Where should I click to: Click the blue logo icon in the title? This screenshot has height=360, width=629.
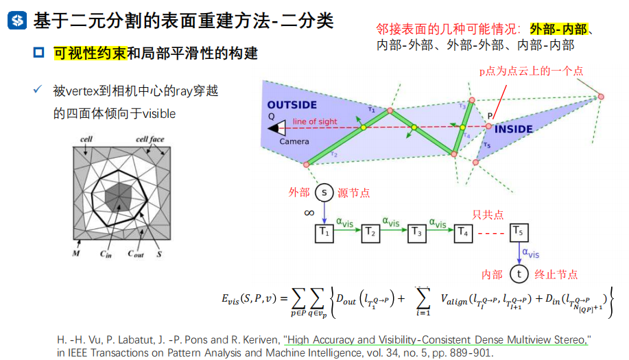[x=16, y=21]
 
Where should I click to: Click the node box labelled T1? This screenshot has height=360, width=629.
[x=324, y=232]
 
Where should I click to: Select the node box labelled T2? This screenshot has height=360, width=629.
[x=371, y=232]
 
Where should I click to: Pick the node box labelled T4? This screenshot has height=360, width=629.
[x=463, y=232]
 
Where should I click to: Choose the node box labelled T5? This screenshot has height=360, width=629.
[x=519, y=232]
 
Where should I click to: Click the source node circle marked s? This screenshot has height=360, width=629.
[x=324, y=193]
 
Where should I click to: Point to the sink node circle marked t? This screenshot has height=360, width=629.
[x=519, y=274]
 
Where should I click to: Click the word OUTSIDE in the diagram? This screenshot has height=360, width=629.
[x=292, y=105]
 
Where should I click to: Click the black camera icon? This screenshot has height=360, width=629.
[x=278, y=128]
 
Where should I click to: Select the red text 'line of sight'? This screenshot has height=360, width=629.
[x=315, y=121]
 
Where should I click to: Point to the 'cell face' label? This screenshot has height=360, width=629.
[x=150, y=140]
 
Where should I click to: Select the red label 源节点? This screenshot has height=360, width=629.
[x=355, y=193]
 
